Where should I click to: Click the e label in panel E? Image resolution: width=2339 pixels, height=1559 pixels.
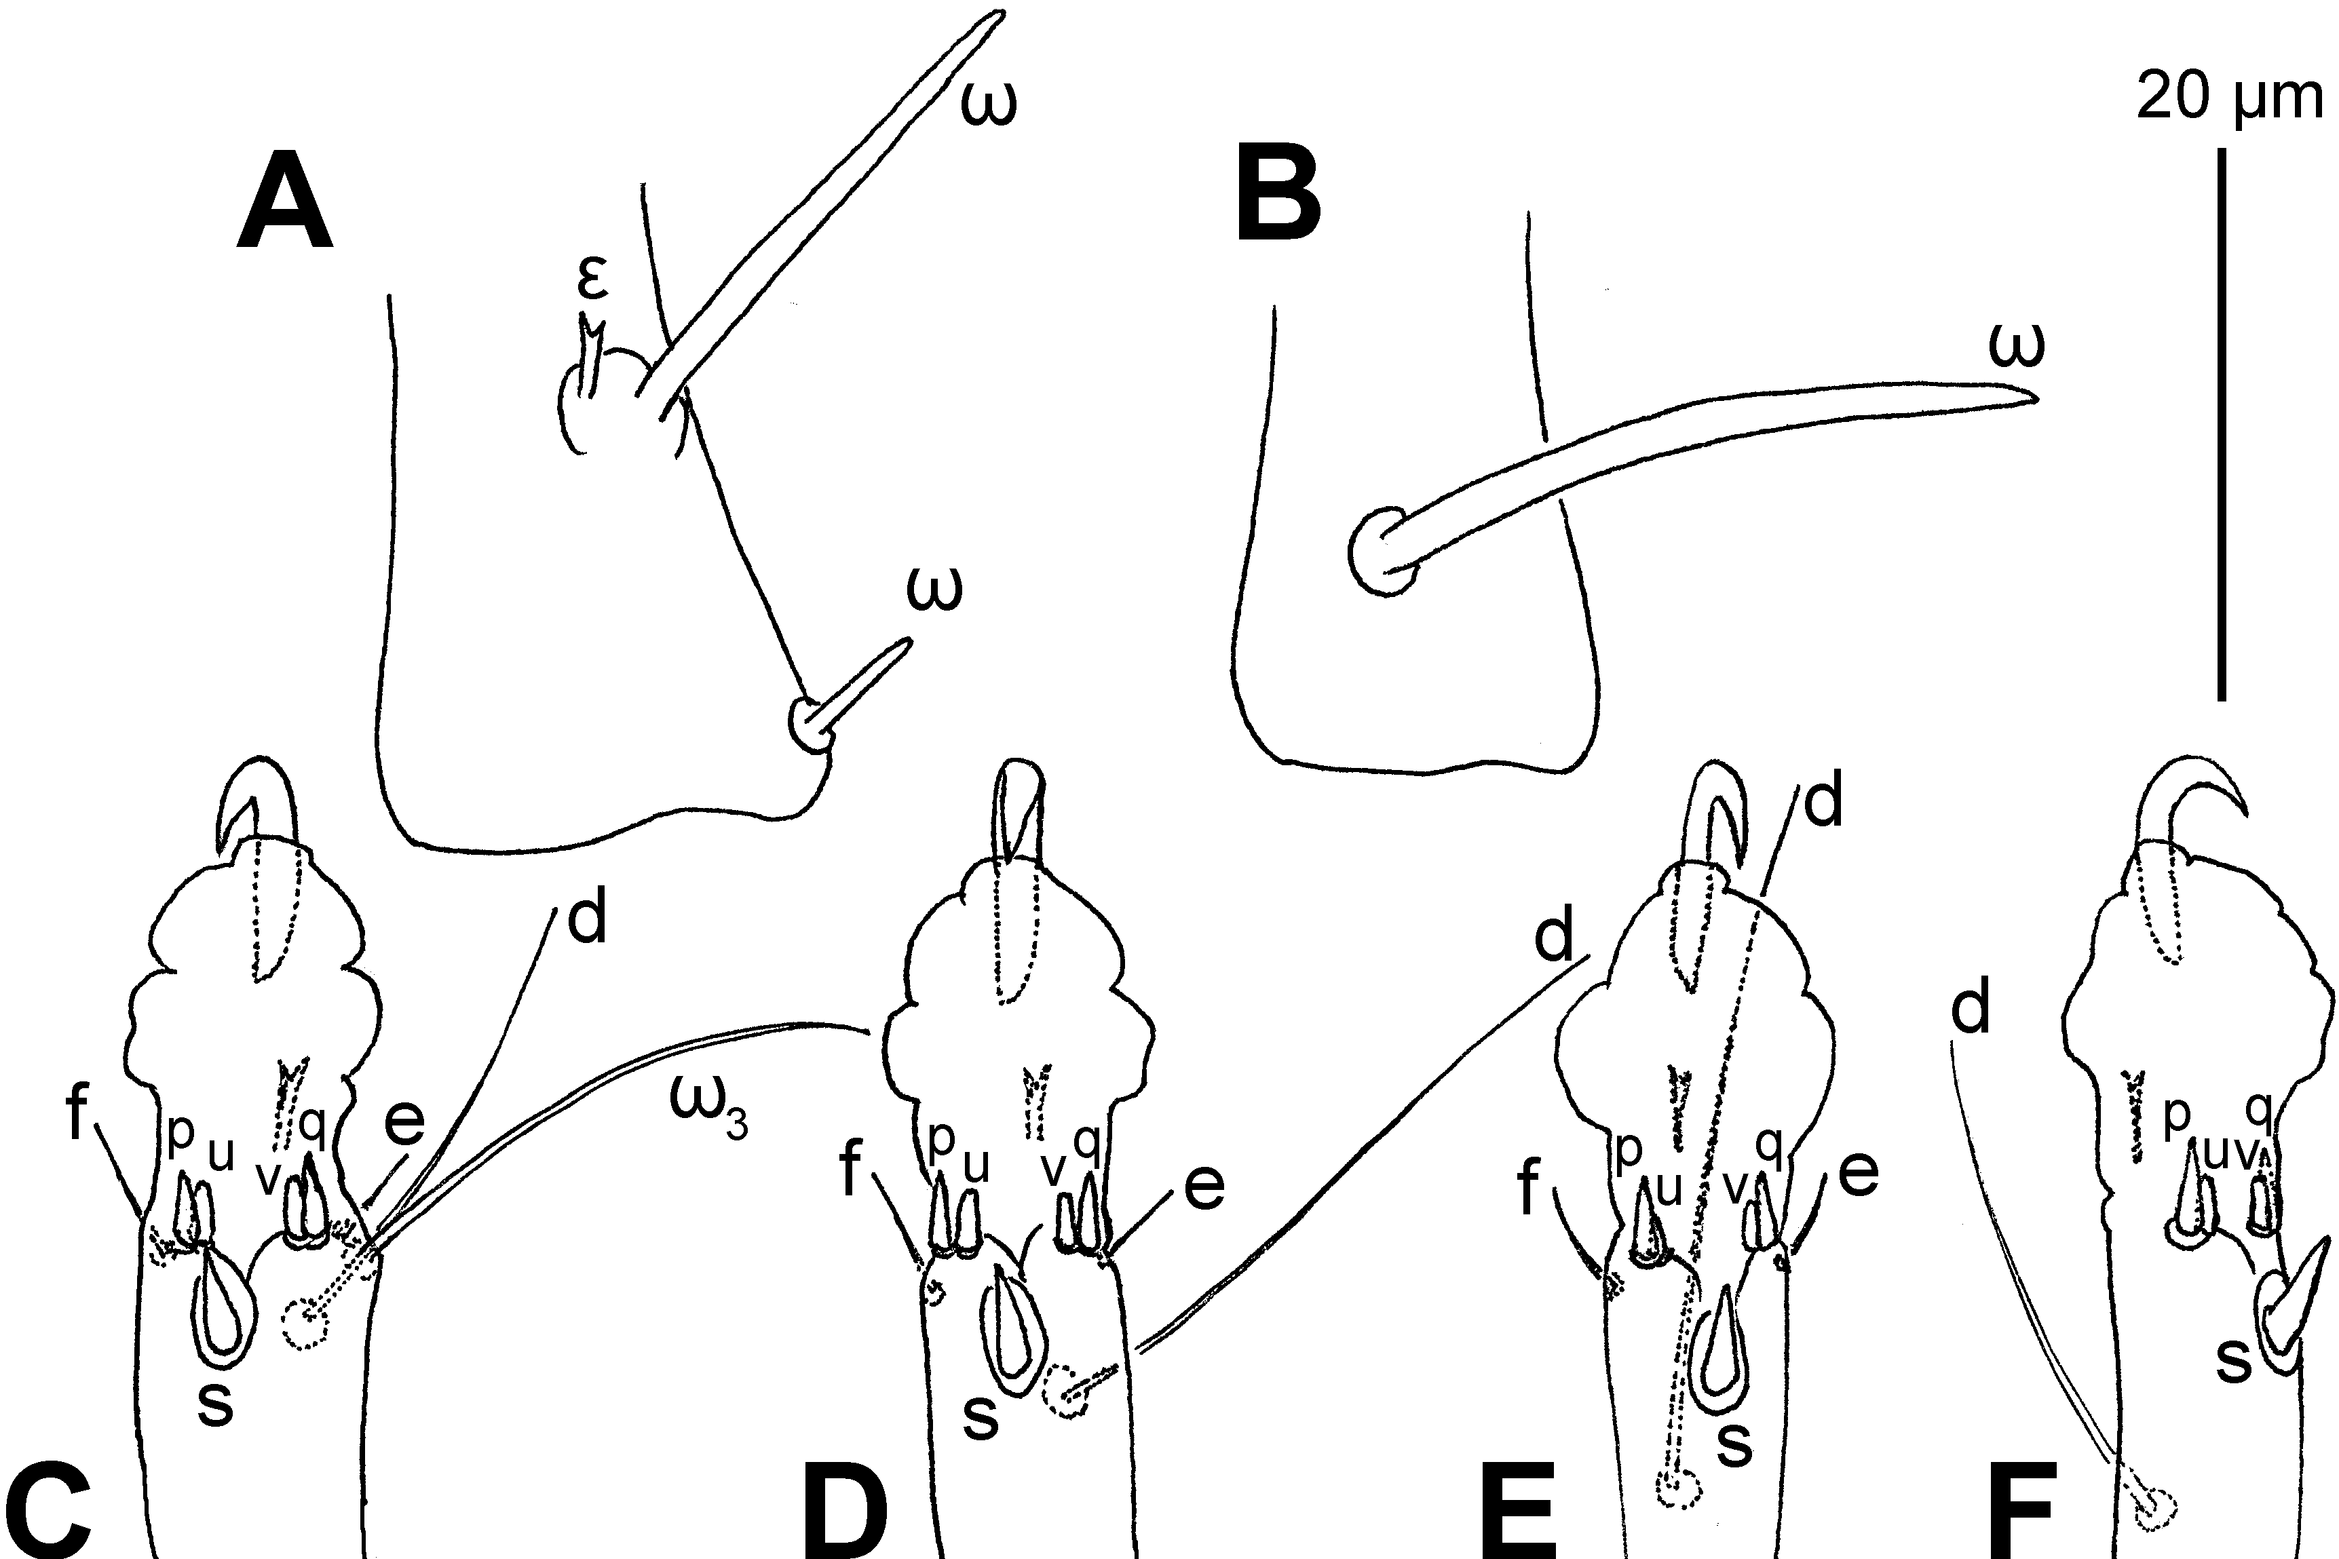pos(1858,1173)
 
